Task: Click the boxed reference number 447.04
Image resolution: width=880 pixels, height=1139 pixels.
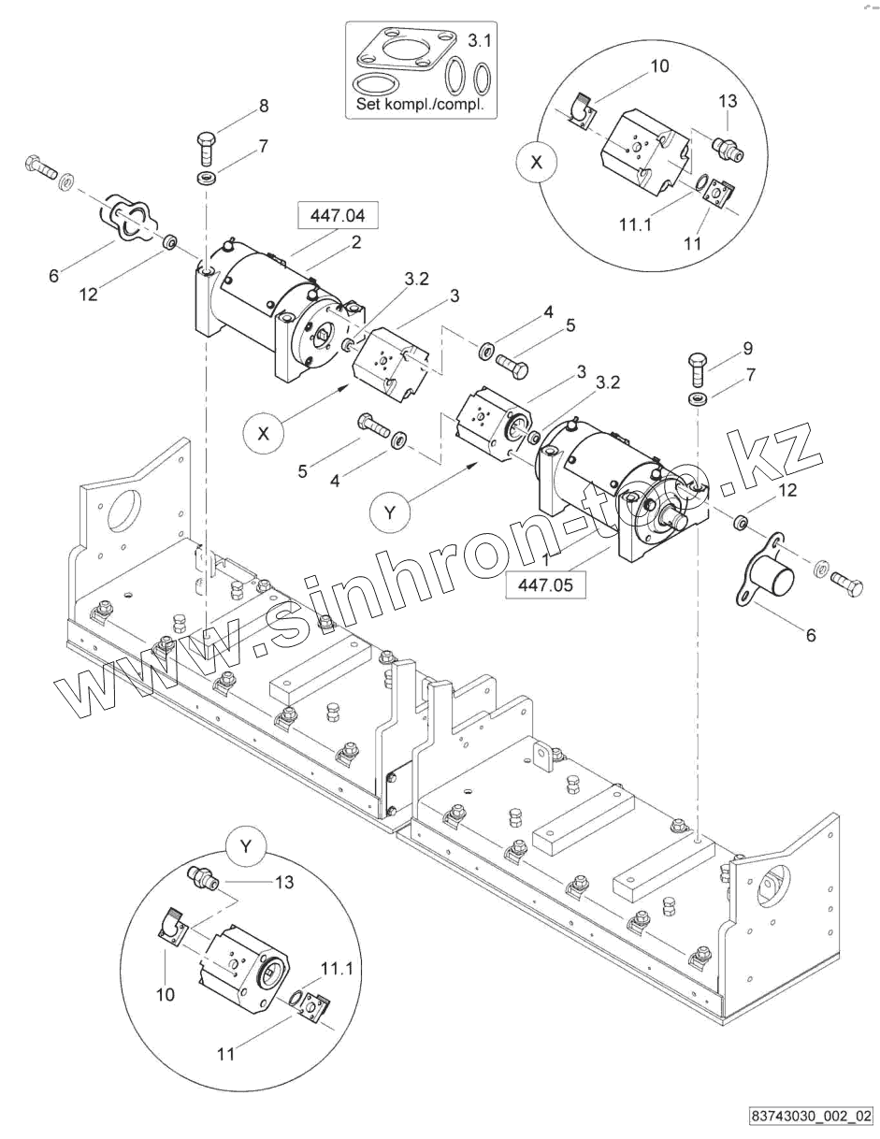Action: (x=338, y=217)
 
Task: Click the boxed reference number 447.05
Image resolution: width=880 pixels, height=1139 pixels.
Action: (x=545, y=585)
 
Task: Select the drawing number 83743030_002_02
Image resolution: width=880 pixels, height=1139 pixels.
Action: (x=810, y=1116)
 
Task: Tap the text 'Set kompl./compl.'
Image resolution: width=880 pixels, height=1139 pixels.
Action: (x=420, y=105)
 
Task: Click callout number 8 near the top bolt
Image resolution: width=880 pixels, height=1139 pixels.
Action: (x=264, y=106)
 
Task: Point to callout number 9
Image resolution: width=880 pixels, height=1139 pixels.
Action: (x=747, y=348)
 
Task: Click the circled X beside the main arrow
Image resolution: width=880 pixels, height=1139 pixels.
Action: (x=265, y=433)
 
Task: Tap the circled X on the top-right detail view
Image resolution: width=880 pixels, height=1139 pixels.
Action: (x=536, y=162)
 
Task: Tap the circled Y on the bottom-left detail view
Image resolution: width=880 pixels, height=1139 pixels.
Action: (x=246, y=847)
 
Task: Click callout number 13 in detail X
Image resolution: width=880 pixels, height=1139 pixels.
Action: (x=729, y=101)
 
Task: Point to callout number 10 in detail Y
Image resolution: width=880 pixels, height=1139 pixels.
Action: (x=166, y=995)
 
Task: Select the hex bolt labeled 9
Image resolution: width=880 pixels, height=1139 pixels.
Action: (x=697, y=368)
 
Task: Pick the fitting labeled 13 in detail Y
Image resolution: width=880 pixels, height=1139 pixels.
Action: (x=202, y=878)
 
